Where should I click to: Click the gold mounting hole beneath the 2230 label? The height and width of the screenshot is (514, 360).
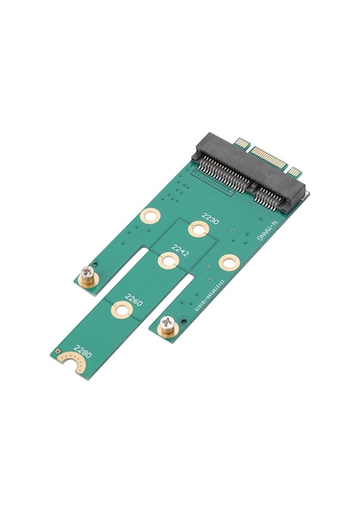pos(198,229)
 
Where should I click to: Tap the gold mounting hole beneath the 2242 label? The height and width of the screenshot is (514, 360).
pos(163,260)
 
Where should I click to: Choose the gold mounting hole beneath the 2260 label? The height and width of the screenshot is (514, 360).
pos(120,310)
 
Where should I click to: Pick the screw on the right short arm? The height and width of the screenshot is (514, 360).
pos(169,325)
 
